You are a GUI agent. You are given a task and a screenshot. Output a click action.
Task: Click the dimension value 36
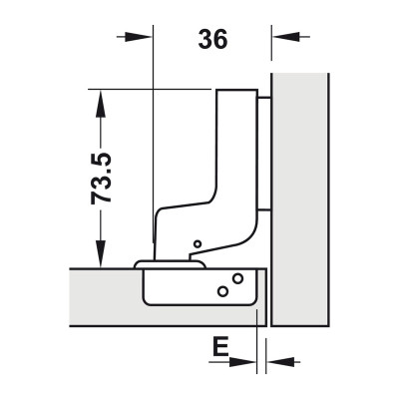(212, 39)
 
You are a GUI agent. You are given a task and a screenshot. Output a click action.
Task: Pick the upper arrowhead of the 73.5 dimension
(101, 98)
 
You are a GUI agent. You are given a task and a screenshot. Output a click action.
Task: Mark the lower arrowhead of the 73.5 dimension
(101, 258)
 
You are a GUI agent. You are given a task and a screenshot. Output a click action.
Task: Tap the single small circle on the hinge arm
(197, 244)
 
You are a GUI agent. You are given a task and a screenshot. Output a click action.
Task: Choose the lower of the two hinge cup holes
(222, 292)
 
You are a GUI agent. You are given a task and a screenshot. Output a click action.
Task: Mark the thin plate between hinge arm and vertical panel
(264, 150)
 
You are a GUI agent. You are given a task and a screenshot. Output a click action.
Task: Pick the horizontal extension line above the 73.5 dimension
(150, 90)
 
